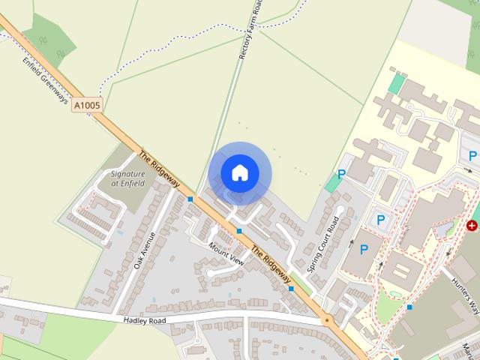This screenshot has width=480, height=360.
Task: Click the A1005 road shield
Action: click(x=87, y=107)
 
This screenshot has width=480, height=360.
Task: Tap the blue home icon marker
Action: click(x=239, y=172)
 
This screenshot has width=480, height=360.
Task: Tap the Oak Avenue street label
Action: click(x=145, y=250)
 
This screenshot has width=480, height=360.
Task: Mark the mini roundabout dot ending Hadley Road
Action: click(x=326, y=320)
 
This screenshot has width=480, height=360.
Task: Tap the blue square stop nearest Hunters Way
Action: click(x=409, y=307)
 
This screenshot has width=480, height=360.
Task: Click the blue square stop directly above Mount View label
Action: click(x=238, y=231)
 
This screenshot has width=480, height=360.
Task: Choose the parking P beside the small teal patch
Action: click(x=342, y=174)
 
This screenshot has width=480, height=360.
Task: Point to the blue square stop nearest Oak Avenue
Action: click(x=190, y=199)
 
